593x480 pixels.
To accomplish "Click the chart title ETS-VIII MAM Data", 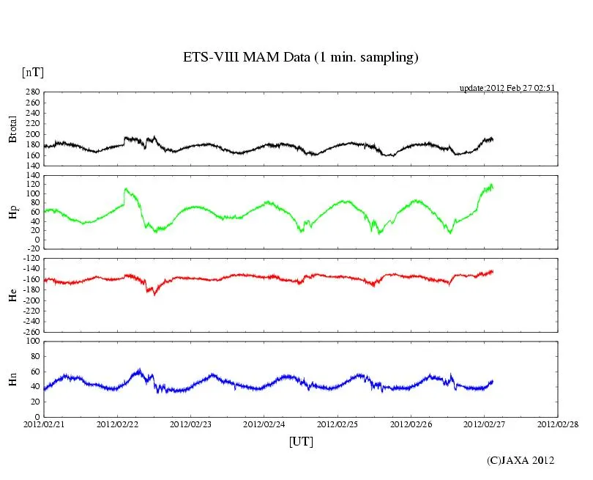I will tap(300, 58).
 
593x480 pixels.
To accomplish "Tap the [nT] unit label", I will tap(32, 72).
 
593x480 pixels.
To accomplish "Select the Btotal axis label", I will tap(12, 129).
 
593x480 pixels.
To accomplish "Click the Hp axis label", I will tap(12, 213).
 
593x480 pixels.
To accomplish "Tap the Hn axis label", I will tap(12, 379).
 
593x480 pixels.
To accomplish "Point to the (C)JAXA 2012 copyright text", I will tap(521, 460).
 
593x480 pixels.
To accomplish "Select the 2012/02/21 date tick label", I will tap(44, 424).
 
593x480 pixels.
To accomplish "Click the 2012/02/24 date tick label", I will tap(264, 424).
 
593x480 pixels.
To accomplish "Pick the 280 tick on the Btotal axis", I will tap(31, 92).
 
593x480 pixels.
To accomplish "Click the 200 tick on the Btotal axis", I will tap(31, 134).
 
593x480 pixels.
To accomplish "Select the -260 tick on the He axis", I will tap(29, 331).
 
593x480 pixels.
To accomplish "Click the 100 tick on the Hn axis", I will tap(31, 341).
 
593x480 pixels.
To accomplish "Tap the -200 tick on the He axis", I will tap(29, 300).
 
